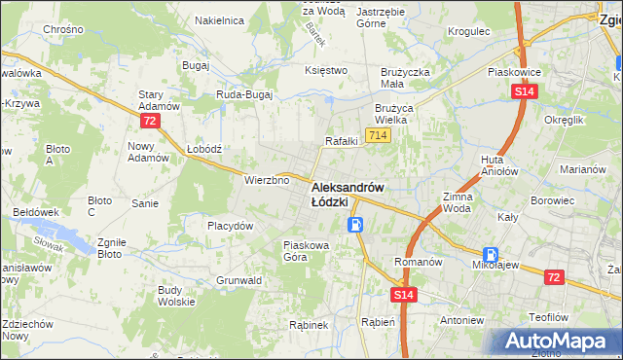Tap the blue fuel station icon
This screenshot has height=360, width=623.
357,226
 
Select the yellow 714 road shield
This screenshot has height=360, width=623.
379,135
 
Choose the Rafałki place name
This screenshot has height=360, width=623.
342,141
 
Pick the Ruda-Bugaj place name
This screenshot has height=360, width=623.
243,95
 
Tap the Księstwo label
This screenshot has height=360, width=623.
326,70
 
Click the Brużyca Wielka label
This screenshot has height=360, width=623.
395,114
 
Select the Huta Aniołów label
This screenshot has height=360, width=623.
498,164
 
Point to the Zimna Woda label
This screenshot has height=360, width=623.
457,202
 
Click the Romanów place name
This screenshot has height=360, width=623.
418,262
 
